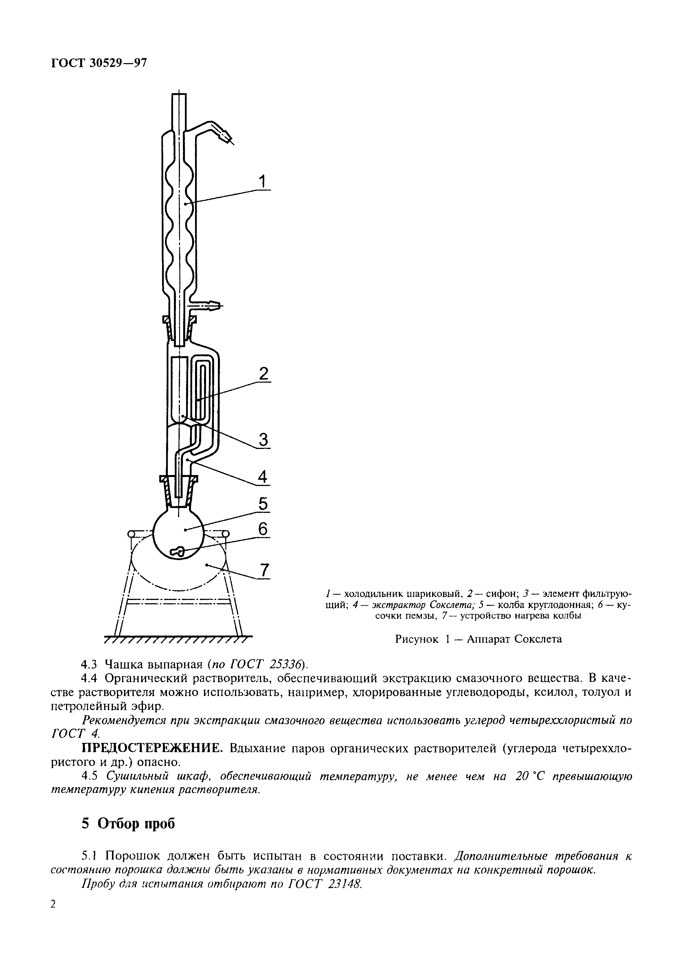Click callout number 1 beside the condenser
tap(262, 182)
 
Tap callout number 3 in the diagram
tap(263, 439)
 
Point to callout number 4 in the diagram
tap(262, 477)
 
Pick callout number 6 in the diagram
tap(262, 529)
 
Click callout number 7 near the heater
tap(264, 570)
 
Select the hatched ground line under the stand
tap(178, 640)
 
